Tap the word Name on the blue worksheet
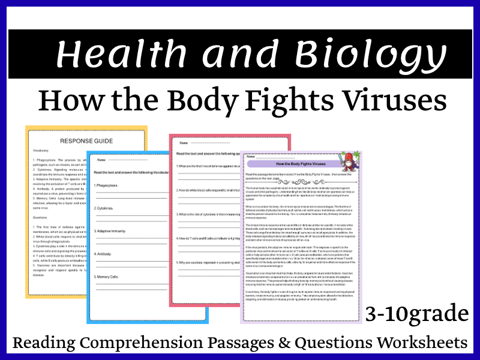click(x=101, y=160)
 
